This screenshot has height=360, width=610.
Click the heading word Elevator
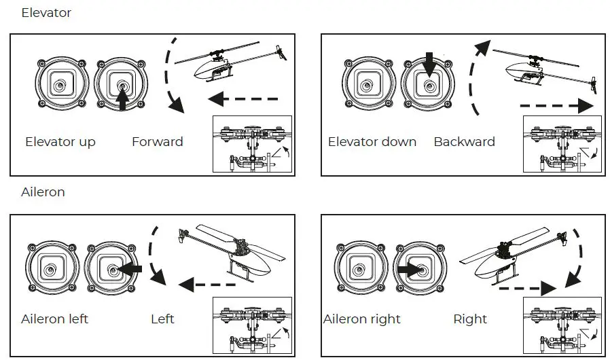pyautogui.click(x=46, y=13)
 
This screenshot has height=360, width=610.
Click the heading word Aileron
pyautogui.click(x=43, y=192)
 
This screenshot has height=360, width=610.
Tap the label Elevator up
pyautogui.click(x=60, y=142)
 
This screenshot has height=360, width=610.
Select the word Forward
pyautogui.click(x=158, y=142)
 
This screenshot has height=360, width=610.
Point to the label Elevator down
pyautogui.click(x=372, y=142)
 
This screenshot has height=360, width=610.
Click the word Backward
pyautogui.click(x=465, y=142)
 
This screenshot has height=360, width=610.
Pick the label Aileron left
pyautogui.click(x=55, y=319)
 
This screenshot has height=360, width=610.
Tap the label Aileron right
pyautogui.click(x=362, y=319)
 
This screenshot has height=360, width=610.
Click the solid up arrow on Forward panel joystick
pyautogui.click(x=122, y=100)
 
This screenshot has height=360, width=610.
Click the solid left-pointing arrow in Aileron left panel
pyautogui.click(x=130, y=270)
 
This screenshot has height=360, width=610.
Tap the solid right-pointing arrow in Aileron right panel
pyautogui.click(x=408, y=270)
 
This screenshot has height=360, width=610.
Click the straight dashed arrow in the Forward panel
pyautogui.click(x=243, y=100)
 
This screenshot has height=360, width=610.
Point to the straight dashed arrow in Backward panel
pyautogui.click(x=556, y=106)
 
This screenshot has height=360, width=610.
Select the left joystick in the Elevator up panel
pyautogui.click(x=62, y=84)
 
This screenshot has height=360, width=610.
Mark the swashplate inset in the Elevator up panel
pyautogui.click(x=252, y=145)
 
